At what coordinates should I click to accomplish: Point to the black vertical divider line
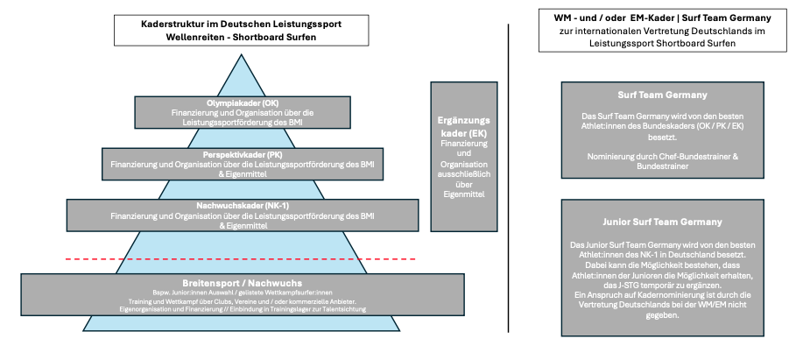click(x=509, y=175)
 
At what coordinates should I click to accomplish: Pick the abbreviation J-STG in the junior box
click(x=622, y=286)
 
